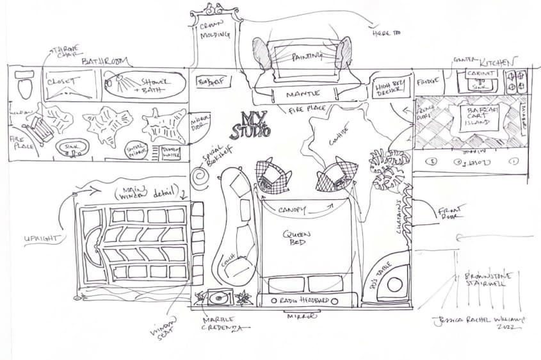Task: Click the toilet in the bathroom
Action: pyautogui.click(x=24, y=85)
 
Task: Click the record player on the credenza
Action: pyautogui.click(x=218, y=299)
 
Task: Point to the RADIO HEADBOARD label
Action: pyautogui.click(x=303, y=300)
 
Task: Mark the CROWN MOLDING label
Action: pyautogui.click(x=214, y=30)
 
